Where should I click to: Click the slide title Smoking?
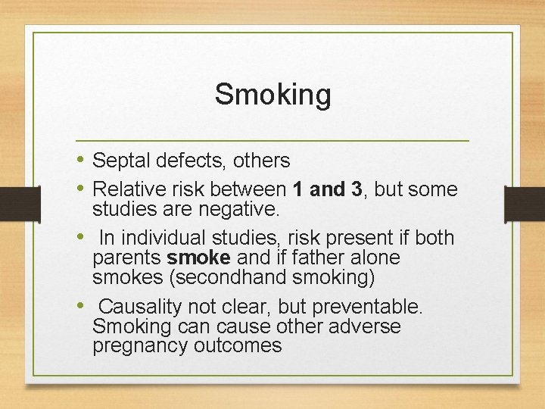click(x=272, y=95)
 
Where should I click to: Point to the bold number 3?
click(x=357, y=189)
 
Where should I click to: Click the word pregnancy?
click(x=138, y=346)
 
